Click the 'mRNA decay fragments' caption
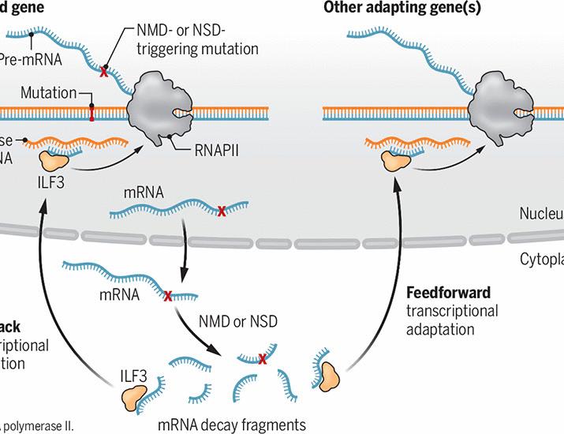231,424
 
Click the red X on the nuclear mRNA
222,211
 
